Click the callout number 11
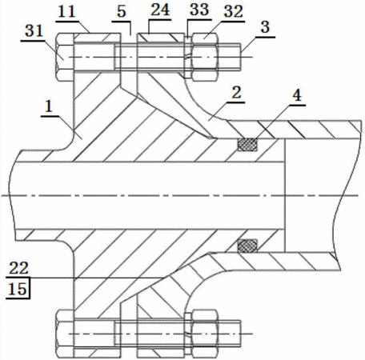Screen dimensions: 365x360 coord(66,12)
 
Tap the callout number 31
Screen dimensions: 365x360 coord(34,31)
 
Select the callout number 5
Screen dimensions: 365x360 coord(122,12)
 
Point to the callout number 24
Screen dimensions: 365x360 coord(160,10)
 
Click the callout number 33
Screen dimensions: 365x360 coord(199,10)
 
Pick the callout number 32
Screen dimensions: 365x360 coord(234,12)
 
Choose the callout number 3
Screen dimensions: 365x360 coord(265,27)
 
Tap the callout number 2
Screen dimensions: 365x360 coord(236,93)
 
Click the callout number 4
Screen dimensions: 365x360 coord(297,95)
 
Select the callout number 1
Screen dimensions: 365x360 coord(49,106)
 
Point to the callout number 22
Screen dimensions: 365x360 coord(18,268)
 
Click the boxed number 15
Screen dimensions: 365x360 coord(18,289)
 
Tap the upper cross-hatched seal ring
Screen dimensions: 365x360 coord(248,145)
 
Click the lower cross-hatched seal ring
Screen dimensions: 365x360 coord(248,246)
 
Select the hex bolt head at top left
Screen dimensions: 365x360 coord(65,58)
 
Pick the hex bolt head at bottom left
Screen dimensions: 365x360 coord(65,334)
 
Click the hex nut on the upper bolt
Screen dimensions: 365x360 coord(205,58)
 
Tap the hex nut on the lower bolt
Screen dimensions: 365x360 coord(205,334)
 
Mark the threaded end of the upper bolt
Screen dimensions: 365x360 coord(230,57)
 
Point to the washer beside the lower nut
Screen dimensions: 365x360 coord(188,334)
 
